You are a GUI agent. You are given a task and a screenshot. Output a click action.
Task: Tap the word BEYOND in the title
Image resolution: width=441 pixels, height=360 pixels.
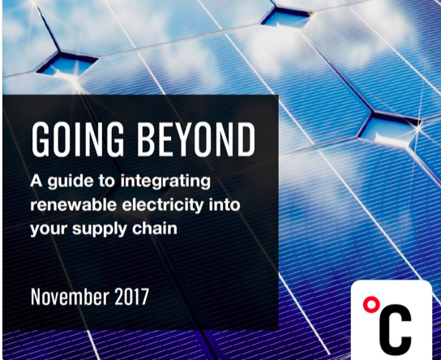pyautogui.click(x=196, y=139)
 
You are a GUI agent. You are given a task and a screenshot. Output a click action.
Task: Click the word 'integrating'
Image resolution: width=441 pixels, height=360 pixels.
pyautogui.click(x=165, y=182)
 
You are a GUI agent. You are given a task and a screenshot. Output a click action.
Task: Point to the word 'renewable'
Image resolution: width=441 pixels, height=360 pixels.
pyautogui.click(x=74, y=205)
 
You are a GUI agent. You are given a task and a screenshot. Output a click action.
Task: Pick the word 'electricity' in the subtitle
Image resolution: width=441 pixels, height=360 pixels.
pyautogui.click(x=163, y=206)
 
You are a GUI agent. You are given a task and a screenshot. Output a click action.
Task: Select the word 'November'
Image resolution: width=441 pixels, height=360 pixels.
pyautogui.click(x=70, y=297)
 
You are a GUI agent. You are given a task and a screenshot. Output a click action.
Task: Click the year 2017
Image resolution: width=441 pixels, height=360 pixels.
pyautogui.click(x=131, y=297)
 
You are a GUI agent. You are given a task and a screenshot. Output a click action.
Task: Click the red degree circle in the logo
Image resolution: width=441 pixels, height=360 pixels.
pyautogui.click(x=370, y=304)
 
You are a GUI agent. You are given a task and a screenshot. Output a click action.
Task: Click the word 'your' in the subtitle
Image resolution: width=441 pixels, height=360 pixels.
pyautogui.click(x=49, y=229)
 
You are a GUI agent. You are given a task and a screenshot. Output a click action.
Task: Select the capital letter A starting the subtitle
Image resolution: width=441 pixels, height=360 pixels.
pyautogui.click(x=36, y=181)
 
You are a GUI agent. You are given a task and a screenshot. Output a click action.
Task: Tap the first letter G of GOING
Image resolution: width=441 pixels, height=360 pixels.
pyautogui.click(x=41, y=139)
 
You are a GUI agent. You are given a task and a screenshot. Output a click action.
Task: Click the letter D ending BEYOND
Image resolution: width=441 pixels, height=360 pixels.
pyautogui.click(x=246, y=139)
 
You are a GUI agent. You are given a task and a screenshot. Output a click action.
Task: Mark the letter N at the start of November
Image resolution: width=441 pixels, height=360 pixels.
pyautogui.click(x=36, y=297)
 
